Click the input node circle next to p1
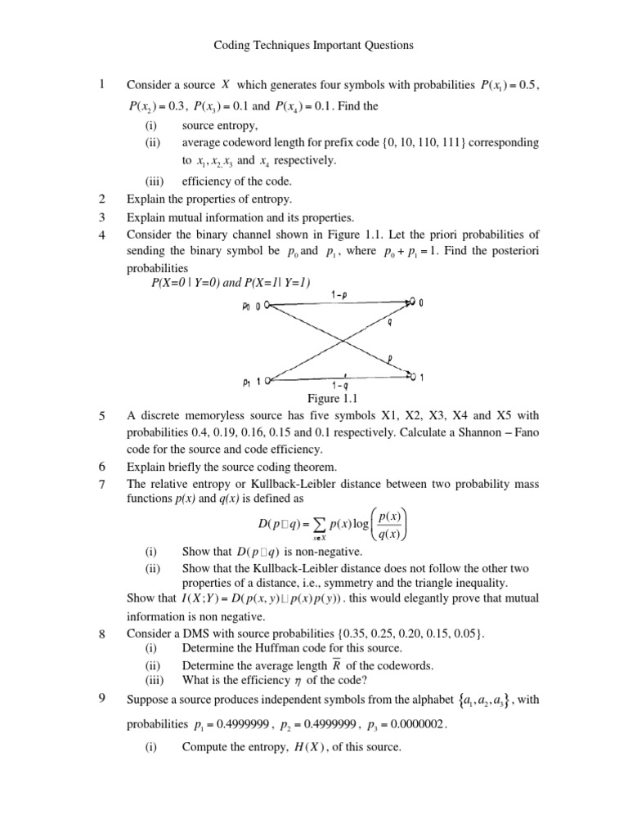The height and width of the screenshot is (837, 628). click(267, 380)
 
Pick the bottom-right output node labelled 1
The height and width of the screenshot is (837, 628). click(413, 377)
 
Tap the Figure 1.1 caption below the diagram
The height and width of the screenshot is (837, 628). click(334, 398)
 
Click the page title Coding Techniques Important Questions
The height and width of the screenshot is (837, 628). click(314, 46)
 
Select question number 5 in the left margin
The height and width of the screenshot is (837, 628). click(102, 416)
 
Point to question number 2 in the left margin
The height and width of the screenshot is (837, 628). click(102, 198)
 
